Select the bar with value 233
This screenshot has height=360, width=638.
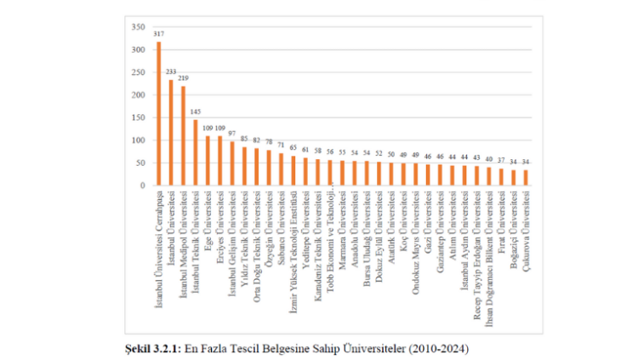pyautogui.click(x=170, y=132)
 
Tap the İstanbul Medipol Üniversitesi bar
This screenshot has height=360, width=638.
pyautogui.click(x=183, y=135)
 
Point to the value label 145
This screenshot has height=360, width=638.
pyautogui.click(x=195, y=111)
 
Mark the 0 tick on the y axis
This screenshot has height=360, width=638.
pyautogui.click(x=142, y=185)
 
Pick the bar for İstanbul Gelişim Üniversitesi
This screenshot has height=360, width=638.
pyautogui.click(x=231, y=163)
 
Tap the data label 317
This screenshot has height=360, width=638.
pyautogui.click(x=158, y=34)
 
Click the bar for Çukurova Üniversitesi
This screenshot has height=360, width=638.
pyautogui.click(x=525, y=177)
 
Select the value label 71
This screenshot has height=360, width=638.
pyautogui.click(x=281, y=146)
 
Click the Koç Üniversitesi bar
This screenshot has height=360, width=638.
pyautogui.click(x=403, y=174)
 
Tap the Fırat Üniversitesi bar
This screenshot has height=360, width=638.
pyautogui.click(x=501, y=176)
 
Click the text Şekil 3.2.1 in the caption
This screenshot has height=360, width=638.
pyautogui.click(x=152, y=349)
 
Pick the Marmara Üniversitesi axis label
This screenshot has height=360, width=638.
pyautogui.click(x=342, y=217)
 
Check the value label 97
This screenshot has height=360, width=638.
pyautogui.click(x=231, y=134)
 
